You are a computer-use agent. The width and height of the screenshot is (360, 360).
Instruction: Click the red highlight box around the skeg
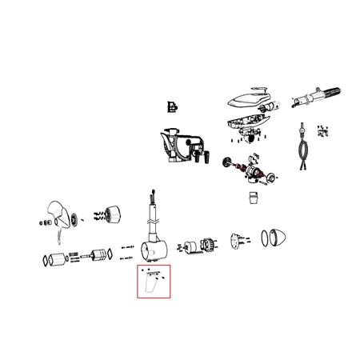click(x=154, y=266)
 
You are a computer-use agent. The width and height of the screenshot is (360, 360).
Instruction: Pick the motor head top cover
click(x=248, y=100)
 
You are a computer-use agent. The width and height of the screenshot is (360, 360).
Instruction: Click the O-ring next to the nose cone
click(x=264, y=238)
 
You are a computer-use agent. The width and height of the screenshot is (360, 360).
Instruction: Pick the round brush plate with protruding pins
click(x=238, y=239)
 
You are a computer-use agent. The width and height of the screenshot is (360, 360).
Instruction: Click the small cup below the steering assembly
click(x=254, y=196)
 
